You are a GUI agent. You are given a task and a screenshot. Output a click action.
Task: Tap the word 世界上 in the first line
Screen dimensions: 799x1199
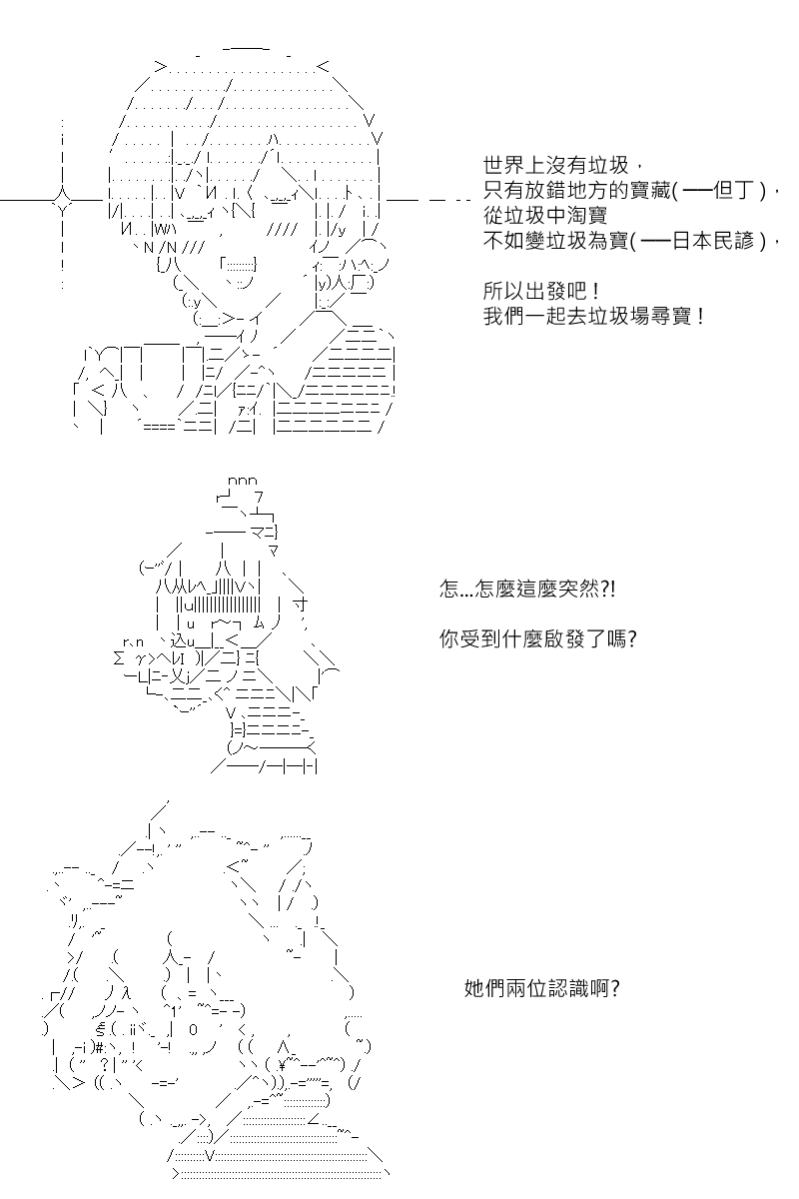(513, 166)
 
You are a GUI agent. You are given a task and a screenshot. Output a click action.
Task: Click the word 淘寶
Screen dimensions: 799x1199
(587, 216)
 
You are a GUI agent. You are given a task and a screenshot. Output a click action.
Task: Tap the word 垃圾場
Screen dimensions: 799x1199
(618, 317)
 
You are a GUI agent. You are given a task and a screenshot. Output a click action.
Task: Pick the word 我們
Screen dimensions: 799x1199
(504, 317)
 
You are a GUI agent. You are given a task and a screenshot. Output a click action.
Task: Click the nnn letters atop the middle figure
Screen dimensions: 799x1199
(243, 481)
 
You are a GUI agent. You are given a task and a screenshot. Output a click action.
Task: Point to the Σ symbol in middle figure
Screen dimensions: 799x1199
(119, 657)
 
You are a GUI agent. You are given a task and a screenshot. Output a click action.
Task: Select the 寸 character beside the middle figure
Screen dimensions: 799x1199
(301, 605)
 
